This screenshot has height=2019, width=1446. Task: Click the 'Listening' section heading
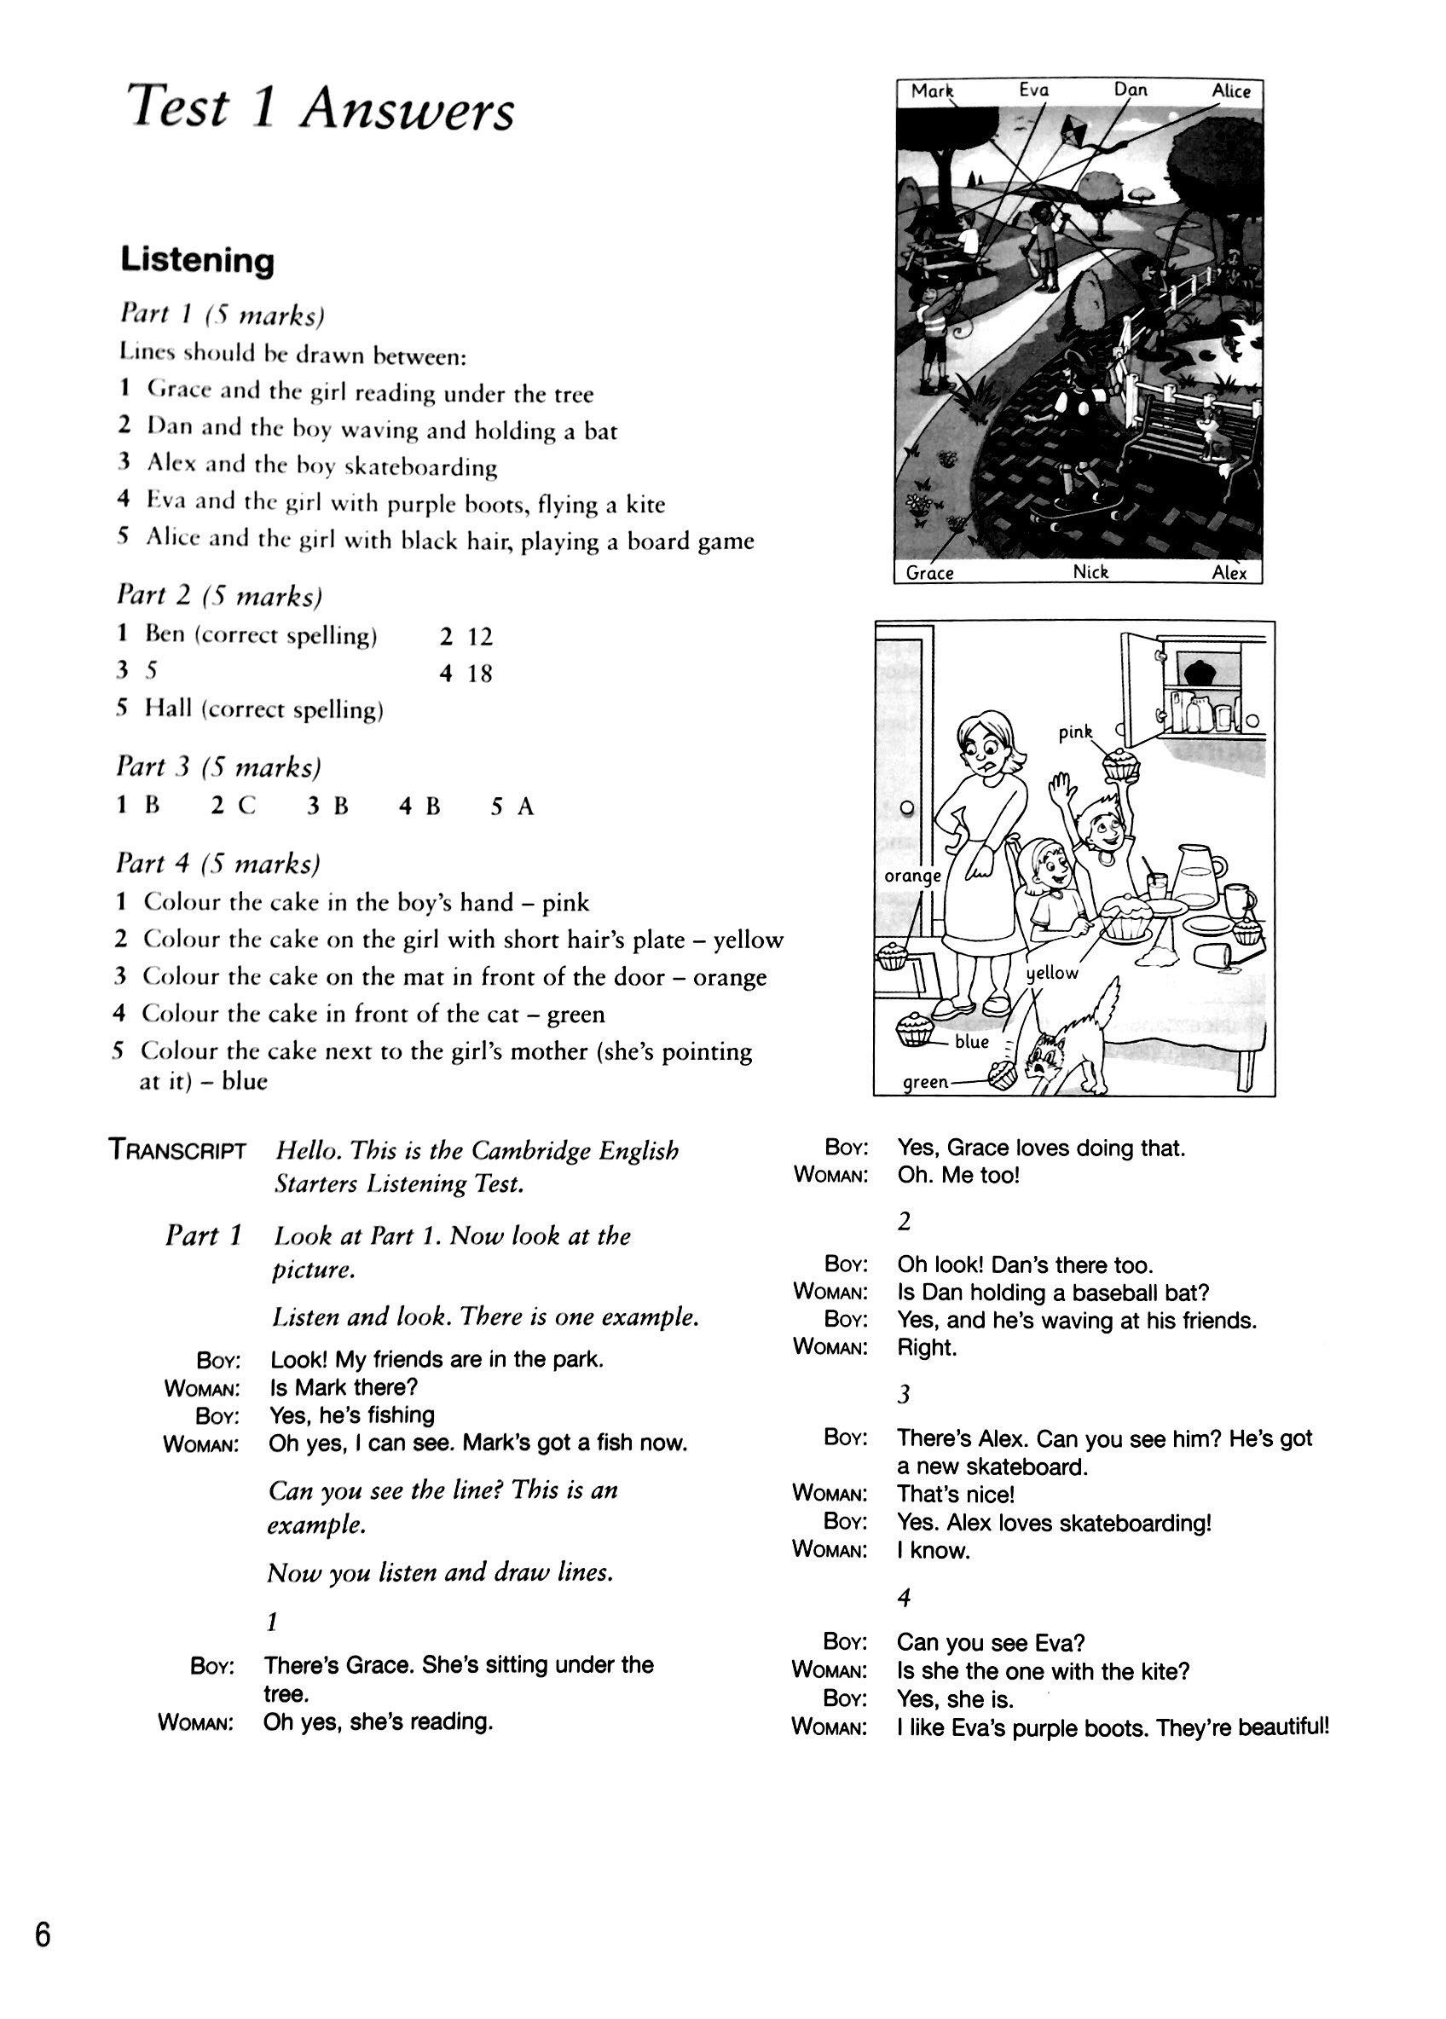(197, 261)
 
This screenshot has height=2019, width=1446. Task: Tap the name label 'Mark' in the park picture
(931, 90)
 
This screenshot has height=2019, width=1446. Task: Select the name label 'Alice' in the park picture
(1230, 90)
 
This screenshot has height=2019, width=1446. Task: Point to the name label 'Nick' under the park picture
(1090, 572)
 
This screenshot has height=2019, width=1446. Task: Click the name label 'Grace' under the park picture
(929, 573)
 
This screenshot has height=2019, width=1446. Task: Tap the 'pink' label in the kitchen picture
(1075, 732)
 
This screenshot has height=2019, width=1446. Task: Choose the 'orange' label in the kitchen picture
(911, 876)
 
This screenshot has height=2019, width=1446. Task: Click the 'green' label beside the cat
(925, 1083)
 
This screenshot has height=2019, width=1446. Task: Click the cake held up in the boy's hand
(1120, 765)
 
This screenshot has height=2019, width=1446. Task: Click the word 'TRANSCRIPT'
(177, 1150)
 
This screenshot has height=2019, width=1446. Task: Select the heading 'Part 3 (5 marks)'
(218, 767)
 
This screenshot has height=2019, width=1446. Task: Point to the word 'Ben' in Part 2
(165, 634)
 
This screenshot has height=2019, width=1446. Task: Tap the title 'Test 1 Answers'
(321, 108)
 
